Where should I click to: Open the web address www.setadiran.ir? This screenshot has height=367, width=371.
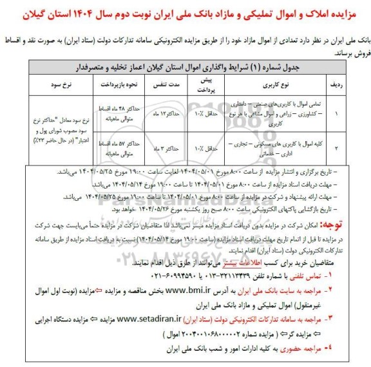click(x=154, y=318)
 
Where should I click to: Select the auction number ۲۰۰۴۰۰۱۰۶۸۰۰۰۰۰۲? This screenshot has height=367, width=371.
click(x=193, y=335)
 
